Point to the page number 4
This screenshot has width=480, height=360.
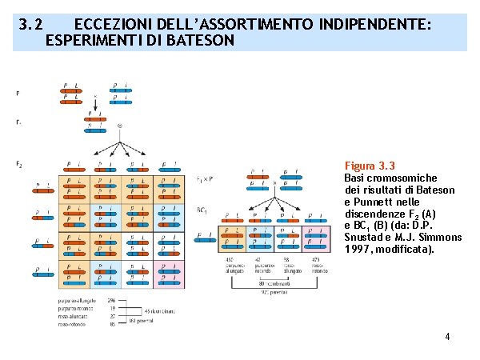[x=448, y=337]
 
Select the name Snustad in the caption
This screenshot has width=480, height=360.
[x=365, y=238]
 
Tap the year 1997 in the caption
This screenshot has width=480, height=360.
[x=356, y=250]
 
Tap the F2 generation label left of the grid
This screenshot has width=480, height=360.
[x=18, y=165]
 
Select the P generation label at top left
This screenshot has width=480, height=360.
[x=18, y=93]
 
